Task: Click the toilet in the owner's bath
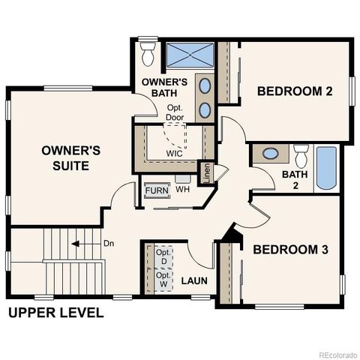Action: [x=148, y=52]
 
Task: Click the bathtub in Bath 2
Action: [x=327, y=167]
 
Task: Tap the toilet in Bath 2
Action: [x=301, y=156]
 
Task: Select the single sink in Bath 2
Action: [x=271, y=154]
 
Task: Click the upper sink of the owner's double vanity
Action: [x=205, y=85]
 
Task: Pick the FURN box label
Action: [x=157, y=190]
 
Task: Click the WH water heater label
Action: [x=182, y=190]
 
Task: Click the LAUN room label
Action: [x=194, y=281]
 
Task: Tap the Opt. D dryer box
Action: [x=163, y=258]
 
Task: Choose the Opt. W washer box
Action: [x=163, y=281]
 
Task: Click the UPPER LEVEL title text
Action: [x=56, y=313]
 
